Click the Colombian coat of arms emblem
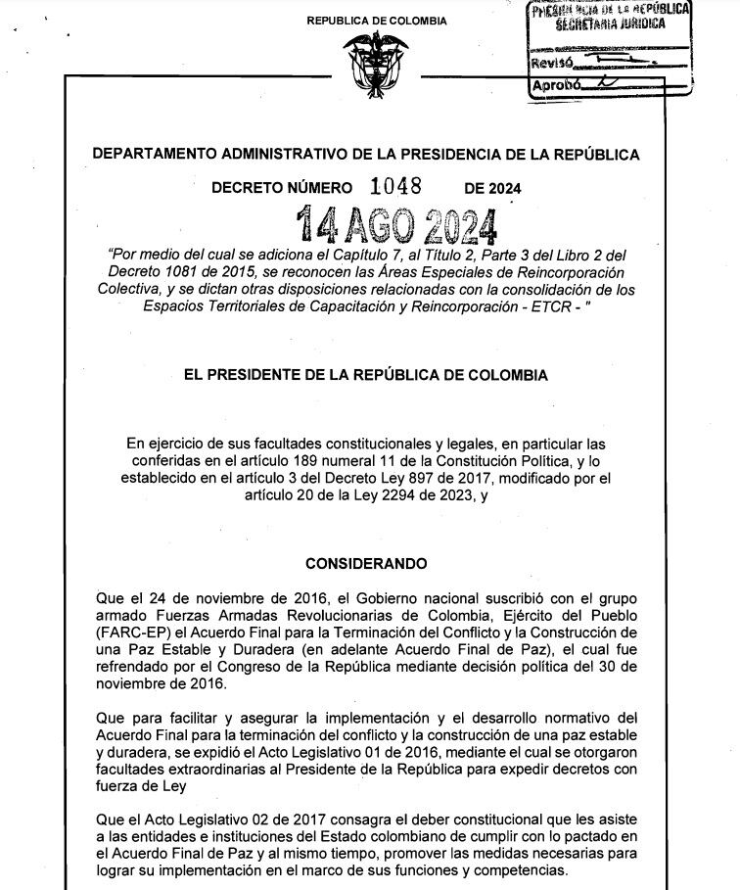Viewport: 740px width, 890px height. click(375, 66)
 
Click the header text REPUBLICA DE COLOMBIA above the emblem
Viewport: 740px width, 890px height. click(377, 22)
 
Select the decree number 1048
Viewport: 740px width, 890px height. click(395, 187)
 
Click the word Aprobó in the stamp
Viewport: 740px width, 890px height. click(554, 86)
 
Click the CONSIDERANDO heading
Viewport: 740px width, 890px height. click(366, 564)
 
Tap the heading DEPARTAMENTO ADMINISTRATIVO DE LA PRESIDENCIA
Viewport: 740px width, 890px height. click(365, 155)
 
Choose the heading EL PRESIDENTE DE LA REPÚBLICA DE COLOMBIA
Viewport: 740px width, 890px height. click(365, 375)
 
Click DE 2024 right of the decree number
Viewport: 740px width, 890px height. click(492, 189)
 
